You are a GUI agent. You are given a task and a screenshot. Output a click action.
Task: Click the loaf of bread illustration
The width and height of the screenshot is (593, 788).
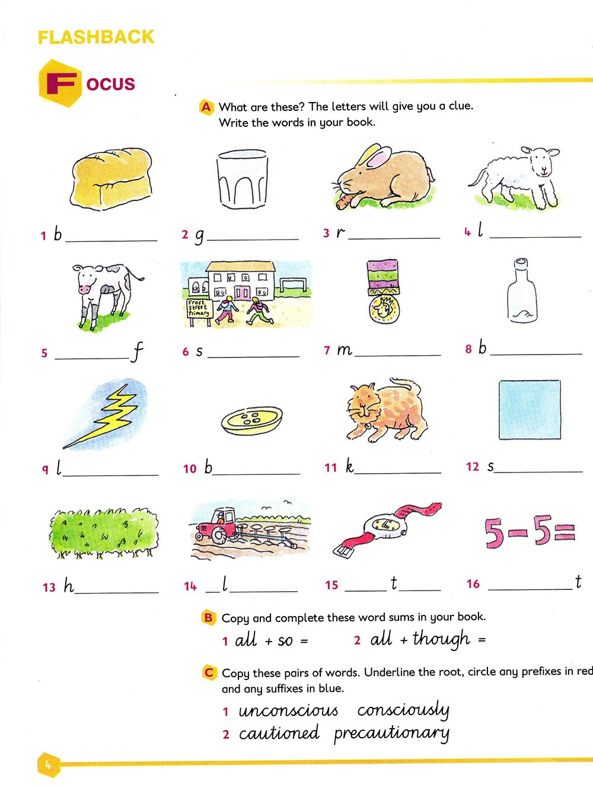pos(111,178)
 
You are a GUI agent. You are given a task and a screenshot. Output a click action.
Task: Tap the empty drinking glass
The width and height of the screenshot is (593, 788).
pos(243,179)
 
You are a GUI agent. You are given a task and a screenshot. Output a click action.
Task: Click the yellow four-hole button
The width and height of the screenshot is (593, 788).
pos(252,420)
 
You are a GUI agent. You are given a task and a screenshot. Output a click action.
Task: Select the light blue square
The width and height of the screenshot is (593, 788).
pos(530,410)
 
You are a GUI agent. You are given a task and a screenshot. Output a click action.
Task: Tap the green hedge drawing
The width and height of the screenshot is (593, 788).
pos(103,533)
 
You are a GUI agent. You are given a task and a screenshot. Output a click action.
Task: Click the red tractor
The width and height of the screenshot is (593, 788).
pos(215,525)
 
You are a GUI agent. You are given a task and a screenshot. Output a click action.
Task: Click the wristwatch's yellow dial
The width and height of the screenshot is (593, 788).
pos(384,525)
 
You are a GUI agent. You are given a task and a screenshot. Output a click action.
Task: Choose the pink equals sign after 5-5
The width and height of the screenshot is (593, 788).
pos(565,533)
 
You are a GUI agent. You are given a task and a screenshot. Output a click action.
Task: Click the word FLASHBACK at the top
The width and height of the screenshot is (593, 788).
pos(96,37)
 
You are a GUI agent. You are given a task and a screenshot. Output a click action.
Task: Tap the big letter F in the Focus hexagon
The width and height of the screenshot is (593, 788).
pos(62,84)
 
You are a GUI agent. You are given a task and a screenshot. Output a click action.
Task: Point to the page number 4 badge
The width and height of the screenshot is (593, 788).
pos(49,765)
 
